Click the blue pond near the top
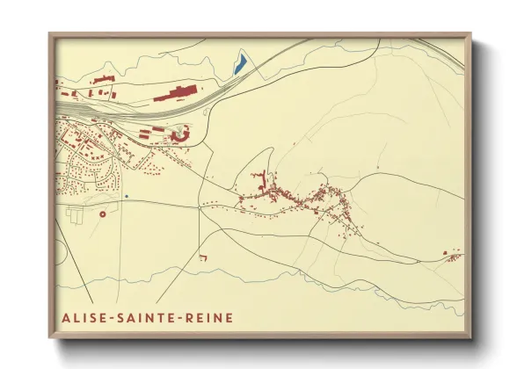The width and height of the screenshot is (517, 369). pos(238,63)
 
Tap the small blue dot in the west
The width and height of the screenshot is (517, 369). pos(127,196)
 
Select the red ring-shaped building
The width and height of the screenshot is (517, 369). pos(103,213)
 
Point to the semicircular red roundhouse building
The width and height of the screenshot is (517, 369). pos(182,134)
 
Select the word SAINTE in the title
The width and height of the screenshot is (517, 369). pos(150,316)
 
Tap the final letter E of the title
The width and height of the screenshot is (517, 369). pos(230,316)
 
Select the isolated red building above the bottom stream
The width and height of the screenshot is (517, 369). pos(202,257)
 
